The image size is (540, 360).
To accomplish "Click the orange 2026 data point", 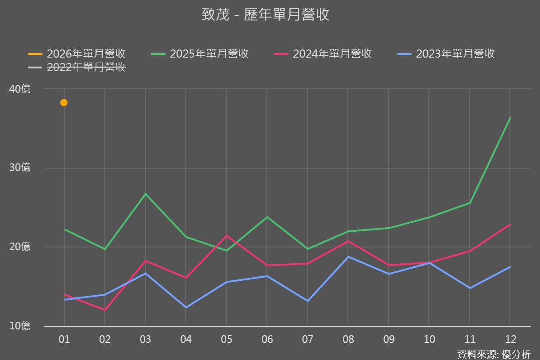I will [64, 103].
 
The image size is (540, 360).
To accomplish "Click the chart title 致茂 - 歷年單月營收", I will [265, 14].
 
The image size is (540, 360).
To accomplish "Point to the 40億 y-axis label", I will [20, 89].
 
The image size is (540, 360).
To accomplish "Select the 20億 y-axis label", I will [20, 247].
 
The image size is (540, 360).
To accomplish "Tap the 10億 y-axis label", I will [20, 325].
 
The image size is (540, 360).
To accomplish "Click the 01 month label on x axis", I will [64, 339].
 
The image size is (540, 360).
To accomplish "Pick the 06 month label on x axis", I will [267, 339].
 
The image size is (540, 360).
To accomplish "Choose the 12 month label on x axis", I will [510, 339].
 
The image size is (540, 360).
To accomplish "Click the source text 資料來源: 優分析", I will [494, 354].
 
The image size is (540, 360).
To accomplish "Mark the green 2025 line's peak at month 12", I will [510, 117].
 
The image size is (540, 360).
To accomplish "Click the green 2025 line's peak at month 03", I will [145, 194].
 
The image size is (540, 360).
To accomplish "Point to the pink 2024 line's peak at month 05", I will [226, 236].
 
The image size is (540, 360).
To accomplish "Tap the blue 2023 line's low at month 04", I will [186, 307].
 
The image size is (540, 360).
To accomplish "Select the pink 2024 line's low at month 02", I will [105, 310].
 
